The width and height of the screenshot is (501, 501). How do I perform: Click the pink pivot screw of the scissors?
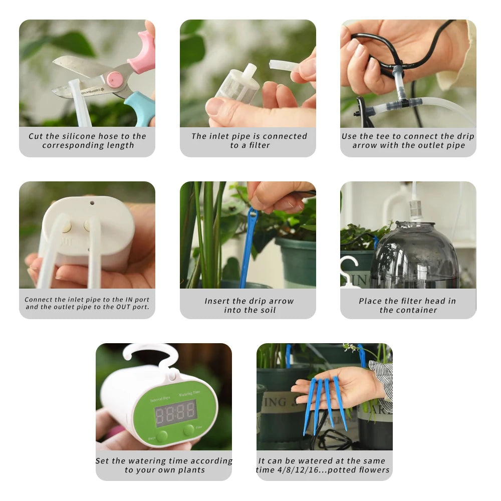pos(114,79)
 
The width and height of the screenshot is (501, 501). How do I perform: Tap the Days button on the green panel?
pos(162,436)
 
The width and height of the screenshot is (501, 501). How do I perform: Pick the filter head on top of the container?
pos(415,210)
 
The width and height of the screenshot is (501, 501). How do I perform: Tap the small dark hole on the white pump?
pos(92,203)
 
